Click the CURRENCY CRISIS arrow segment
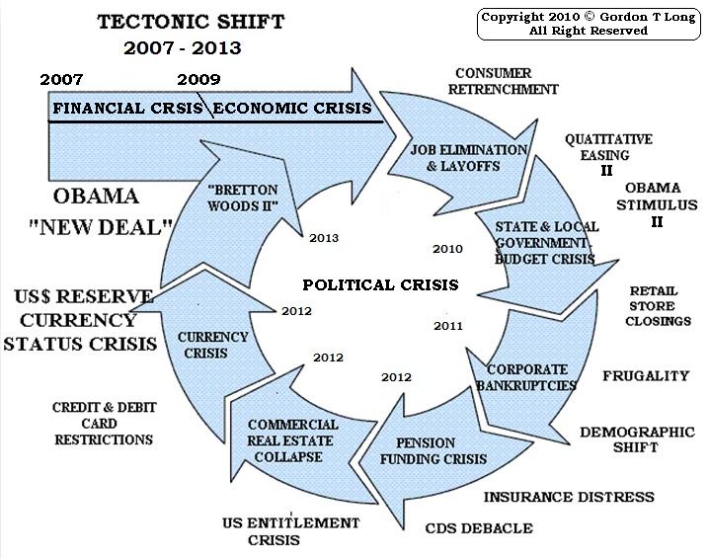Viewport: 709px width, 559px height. tap(213, 344)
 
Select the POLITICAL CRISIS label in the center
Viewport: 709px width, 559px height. tap(380, 284)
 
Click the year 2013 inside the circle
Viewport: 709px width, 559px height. tap(324, 238)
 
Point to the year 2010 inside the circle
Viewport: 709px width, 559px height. tap(448, 248)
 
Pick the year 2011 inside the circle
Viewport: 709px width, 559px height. tap(448, 324)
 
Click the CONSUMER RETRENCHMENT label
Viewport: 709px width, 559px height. tap(506, 81)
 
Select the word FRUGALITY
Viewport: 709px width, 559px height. tap(645, 375)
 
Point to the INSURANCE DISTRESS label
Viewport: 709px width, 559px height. tap(569, 497)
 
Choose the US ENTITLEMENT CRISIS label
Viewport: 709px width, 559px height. tap(288, 530)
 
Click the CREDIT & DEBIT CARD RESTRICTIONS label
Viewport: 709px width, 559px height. tap(103, 423)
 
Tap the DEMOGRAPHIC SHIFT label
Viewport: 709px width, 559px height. tap(636, 440)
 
